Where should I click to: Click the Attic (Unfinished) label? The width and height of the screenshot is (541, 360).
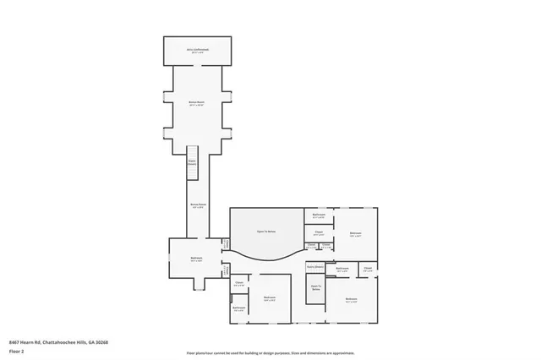pos(199,50)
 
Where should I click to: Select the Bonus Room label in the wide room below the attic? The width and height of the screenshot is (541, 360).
pos(198,103)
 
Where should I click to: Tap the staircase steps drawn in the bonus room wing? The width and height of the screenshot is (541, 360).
pos(192,169)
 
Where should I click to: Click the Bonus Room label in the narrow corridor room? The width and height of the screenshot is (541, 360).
pos(198,205)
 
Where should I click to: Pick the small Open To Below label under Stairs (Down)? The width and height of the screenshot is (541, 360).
pos(316,287)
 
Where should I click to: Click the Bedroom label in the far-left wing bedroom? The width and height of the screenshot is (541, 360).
pos(195,259)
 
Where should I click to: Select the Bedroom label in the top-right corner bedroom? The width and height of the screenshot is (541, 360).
pos(356,234)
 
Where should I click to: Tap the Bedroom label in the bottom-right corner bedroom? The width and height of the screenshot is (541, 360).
pos(352,300)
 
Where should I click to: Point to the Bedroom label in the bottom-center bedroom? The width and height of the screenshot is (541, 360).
pos(270,298)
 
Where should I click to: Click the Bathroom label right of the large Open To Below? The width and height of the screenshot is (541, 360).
pos(320,215)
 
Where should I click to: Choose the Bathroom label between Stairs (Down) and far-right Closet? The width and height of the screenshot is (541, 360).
pos(342,270)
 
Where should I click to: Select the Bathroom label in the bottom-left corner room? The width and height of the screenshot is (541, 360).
pos(239,308)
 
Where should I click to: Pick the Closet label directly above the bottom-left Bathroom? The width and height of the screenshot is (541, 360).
pos(239,284)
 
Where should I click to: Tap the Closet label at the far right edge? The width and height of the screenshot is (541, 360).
pos(368,270)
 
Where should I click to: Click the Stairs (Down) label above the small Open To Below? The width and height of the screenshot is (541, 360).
pos(315,266)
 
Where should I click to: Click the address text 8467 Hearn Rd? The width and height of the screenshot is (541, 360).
pos(58,341)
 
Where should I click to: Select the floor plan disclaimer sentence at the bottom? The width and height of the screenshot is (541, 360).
pos(270,352)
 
